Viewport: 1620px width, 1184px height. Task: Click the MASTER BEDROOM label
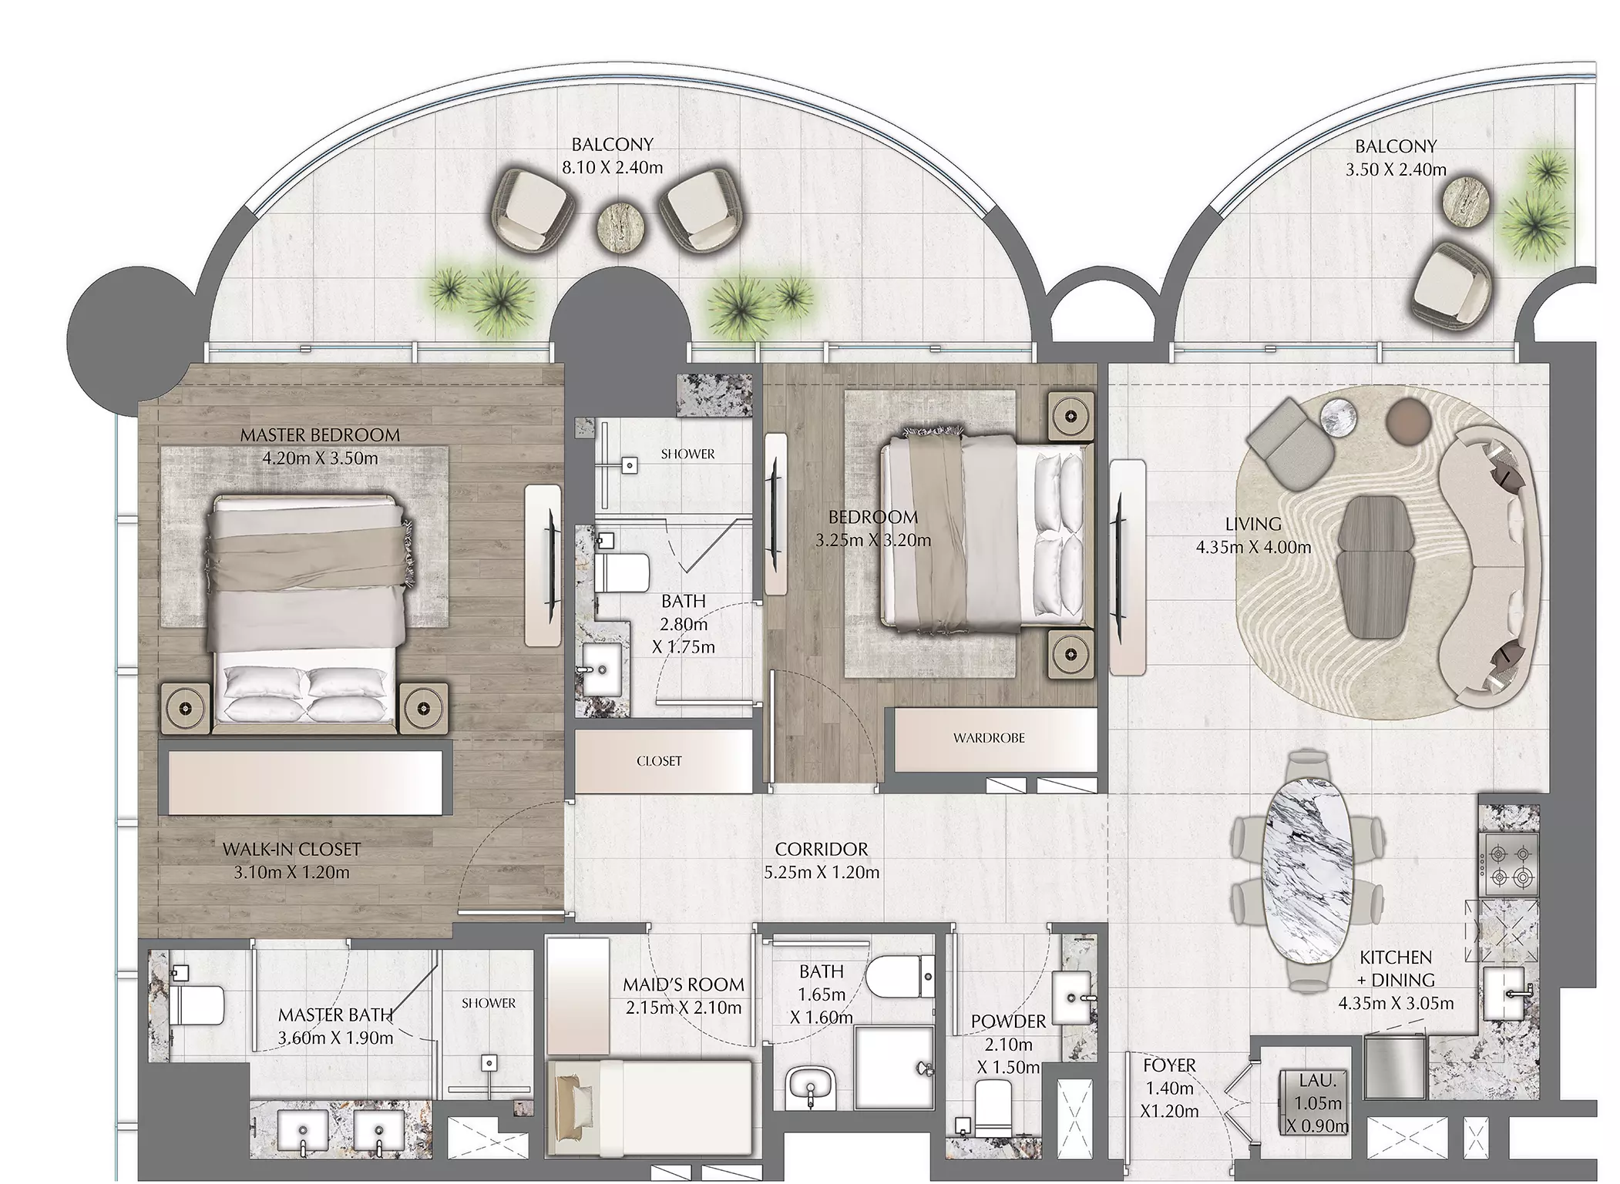320,435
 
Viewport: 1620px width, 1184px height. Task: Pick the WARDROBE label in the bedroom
989,738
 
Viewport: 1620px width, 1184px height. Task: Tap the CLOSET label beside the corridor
659,761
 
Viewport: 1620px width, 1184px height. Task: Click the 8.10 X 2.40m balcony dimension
612,167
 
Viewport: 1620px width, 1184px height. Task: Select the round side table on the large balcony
618,226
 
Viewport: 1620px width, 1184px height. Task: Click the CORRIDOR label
822,849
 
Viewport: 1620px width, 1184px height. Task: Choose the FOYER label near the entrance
1169,1065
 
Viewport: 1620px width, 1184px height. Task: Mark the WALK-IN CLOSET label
291,850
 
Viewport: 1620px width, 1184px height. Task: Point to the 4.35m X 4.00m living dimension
1253,548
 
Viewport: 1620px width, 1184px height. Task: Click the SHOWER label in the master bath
489,1003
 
